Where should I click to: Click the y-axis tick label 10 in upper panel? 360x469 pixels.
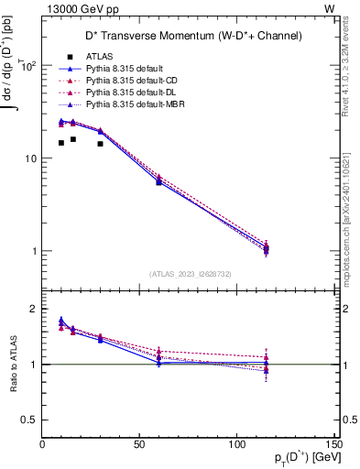tap(30, 158)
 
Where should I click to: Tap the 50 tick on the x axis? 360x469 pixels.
tap(140, 444)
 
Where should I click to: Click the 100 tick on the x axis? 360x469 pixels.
tap(237, 444)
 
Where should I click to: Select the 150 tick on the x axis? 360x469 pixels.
tap(334, 444)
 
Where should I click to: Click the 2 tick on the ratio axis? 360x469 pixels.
tap(34, 309)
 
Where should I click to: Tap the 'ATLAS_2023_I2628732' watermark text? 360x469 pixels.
tap(189, 273)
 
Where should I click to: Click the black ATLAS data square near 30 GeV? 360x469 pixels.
tap(100, 144)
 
